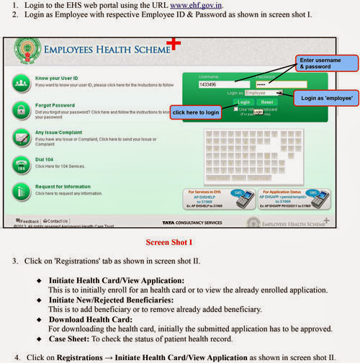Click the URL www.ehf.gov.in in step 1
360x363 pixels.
(198, 5)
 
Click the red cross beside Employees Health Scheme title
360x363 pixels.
(173, 45)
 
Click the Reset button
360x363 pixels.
(266, 102)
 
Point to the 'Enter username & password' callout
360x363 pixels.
(325, 63)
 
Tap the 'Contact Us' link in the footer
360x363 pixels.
(57, 221)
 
